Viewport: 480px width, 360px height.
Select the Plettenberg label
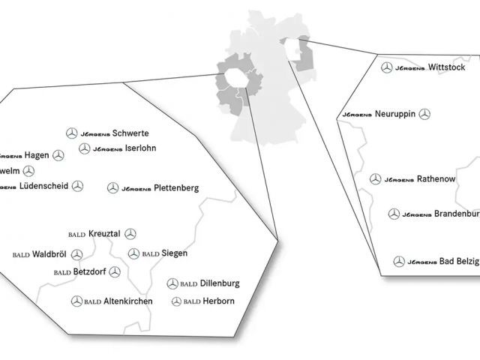coord(175,188)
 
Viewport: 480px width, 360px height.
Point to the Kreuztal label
coord(104,234)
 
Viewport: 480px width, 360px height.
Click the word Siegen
coord(174,253)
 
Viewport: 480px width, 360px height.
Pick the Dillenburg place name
coord(220,283)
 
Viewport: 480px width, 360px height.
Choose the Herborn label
coord(218,301)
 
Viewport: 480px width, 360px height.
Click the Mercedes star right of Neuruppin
coord(424,114)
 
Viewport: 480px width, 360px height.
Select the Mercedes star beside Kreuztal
coord(130,234)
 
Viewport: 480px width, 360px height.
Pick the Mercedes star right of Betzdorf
coord(115,271)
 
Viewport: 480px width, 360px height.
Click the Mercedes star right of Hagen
coord(58,155)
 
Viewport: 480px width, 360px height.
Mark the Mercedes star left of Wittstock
coord(387,68)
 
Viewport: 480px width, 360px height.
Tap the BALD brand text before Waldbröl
coord(21,255)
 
